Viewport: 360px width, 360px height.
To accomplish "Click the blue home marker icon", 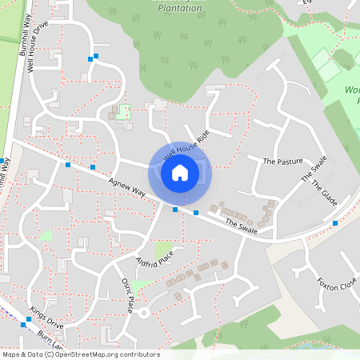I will click(180, 172).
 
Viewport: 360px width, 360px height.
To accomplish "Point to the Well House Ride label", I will click(186, 144).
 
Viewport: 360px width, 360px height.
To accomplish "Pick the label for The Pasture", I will click(283, 162).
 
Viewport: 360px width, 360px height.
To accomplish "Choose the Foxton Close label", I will click(336, 284).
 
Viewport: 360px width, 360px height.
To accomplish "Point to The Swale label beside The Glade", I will click(314, 169).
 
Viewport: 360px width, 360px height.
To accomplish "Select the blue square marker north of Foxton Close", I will click(335, 223).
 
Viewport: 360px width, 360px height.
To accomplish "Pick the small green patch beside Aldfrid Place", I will click(164, 249).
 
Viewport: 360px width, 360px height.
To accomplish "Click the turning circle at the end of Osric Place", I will click(143, 312).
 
